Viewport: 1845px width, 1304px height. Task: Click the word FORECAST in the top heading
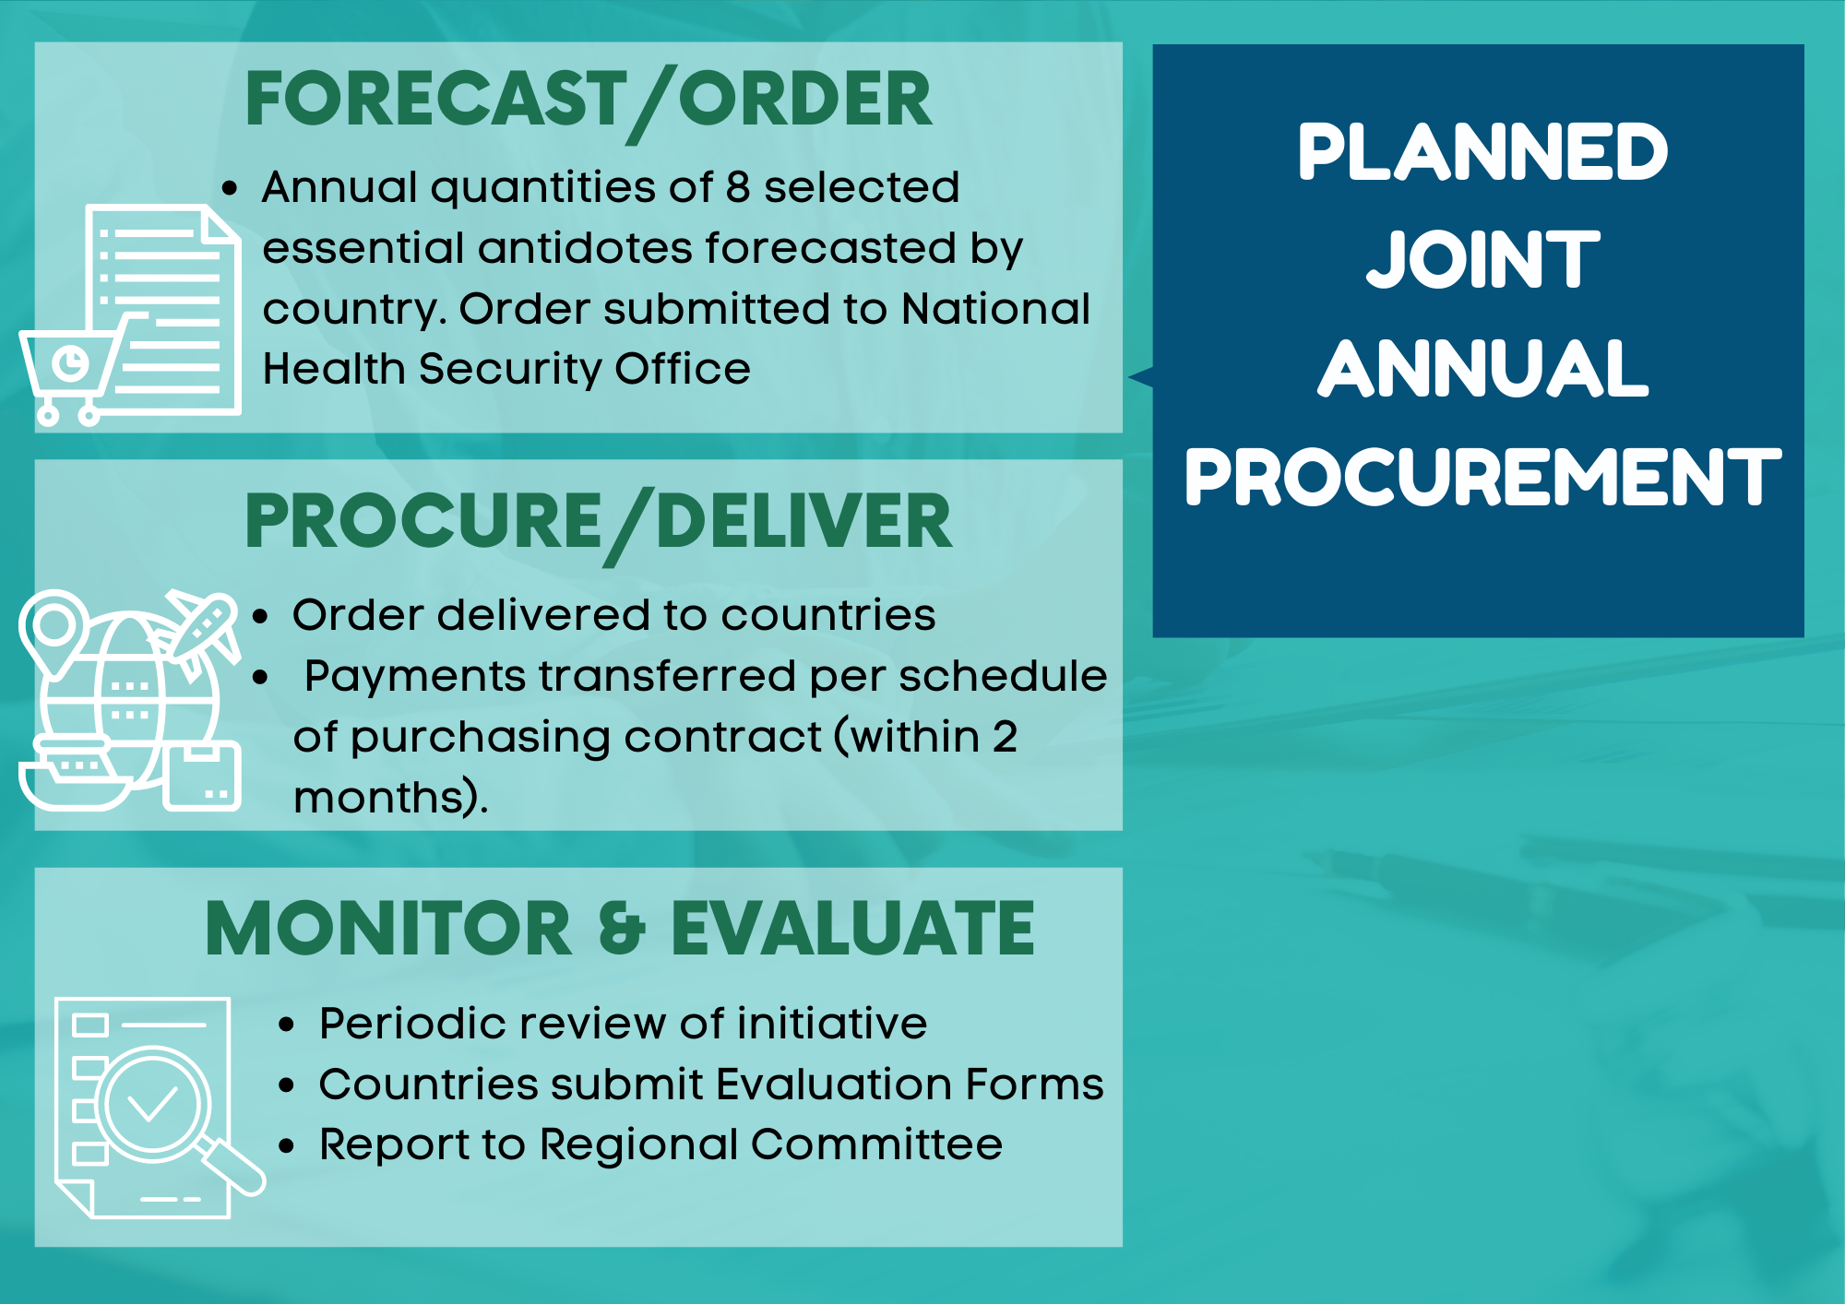[x=435, y=99]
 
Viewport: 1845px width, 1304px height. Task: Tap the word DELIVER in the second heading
[x=803, y=522]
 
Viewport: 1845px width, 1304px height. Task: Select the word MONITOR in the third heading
[x=389, y=929]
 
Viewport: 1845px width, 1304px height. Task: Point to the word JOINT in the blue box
[x=1482, y=259]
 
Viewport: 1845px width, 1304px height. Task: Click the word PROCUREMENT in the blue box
[x=1482, y=477]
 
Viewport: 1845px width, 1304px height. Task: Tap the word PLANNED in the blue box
[x=1482, y=152]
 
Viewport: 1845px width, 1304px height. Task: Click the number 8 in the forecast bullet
[x=737, y=187]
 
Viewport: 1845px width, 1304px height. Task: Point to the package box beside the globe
[x=202, y=776]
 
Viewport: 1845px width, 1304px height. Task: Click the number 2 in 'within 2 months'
[x=1005, y=737]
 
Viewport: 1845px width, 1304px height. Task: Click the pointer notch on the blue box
[x=1140, y=377]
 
